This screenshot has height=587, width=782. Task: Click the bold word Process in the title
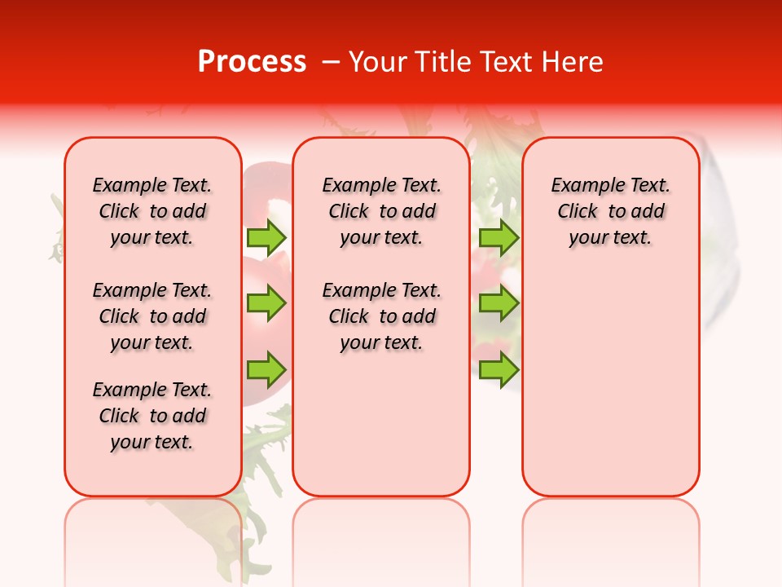(x=252, y=62)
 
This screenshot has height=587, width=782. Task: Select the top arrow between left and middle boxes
(x=266, y=237)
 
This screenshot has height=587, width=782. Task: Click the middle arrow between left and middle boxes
(x=266, y=303)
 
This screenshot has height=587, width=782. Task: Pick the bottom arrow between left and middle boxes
(x=266, y=369)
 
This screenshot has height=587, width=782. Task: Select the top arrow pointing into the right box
(x=499, y=237)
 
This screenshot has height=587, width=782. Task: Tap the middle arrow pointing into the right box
(x=499, y=303)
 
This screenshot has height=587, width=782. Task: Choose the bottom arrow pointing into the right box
(x=499, y=369)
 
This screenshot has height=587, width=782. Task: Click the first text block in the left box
(x=152, y=211)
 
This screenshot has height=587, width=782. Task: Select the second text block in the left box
(x=152, y=316)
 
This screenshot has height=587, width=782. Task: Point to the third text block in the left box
(x=152, y=416)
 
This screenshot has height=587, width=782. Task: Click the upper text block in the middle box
(x=381, y=211)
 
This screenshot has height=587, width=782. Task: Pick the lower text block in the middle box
(x=381, y=316)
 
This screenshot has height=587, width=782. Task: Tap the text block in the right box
(x=611, y=211)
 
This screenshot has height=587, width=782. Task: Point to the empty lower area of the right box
(x=611, y=383)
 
